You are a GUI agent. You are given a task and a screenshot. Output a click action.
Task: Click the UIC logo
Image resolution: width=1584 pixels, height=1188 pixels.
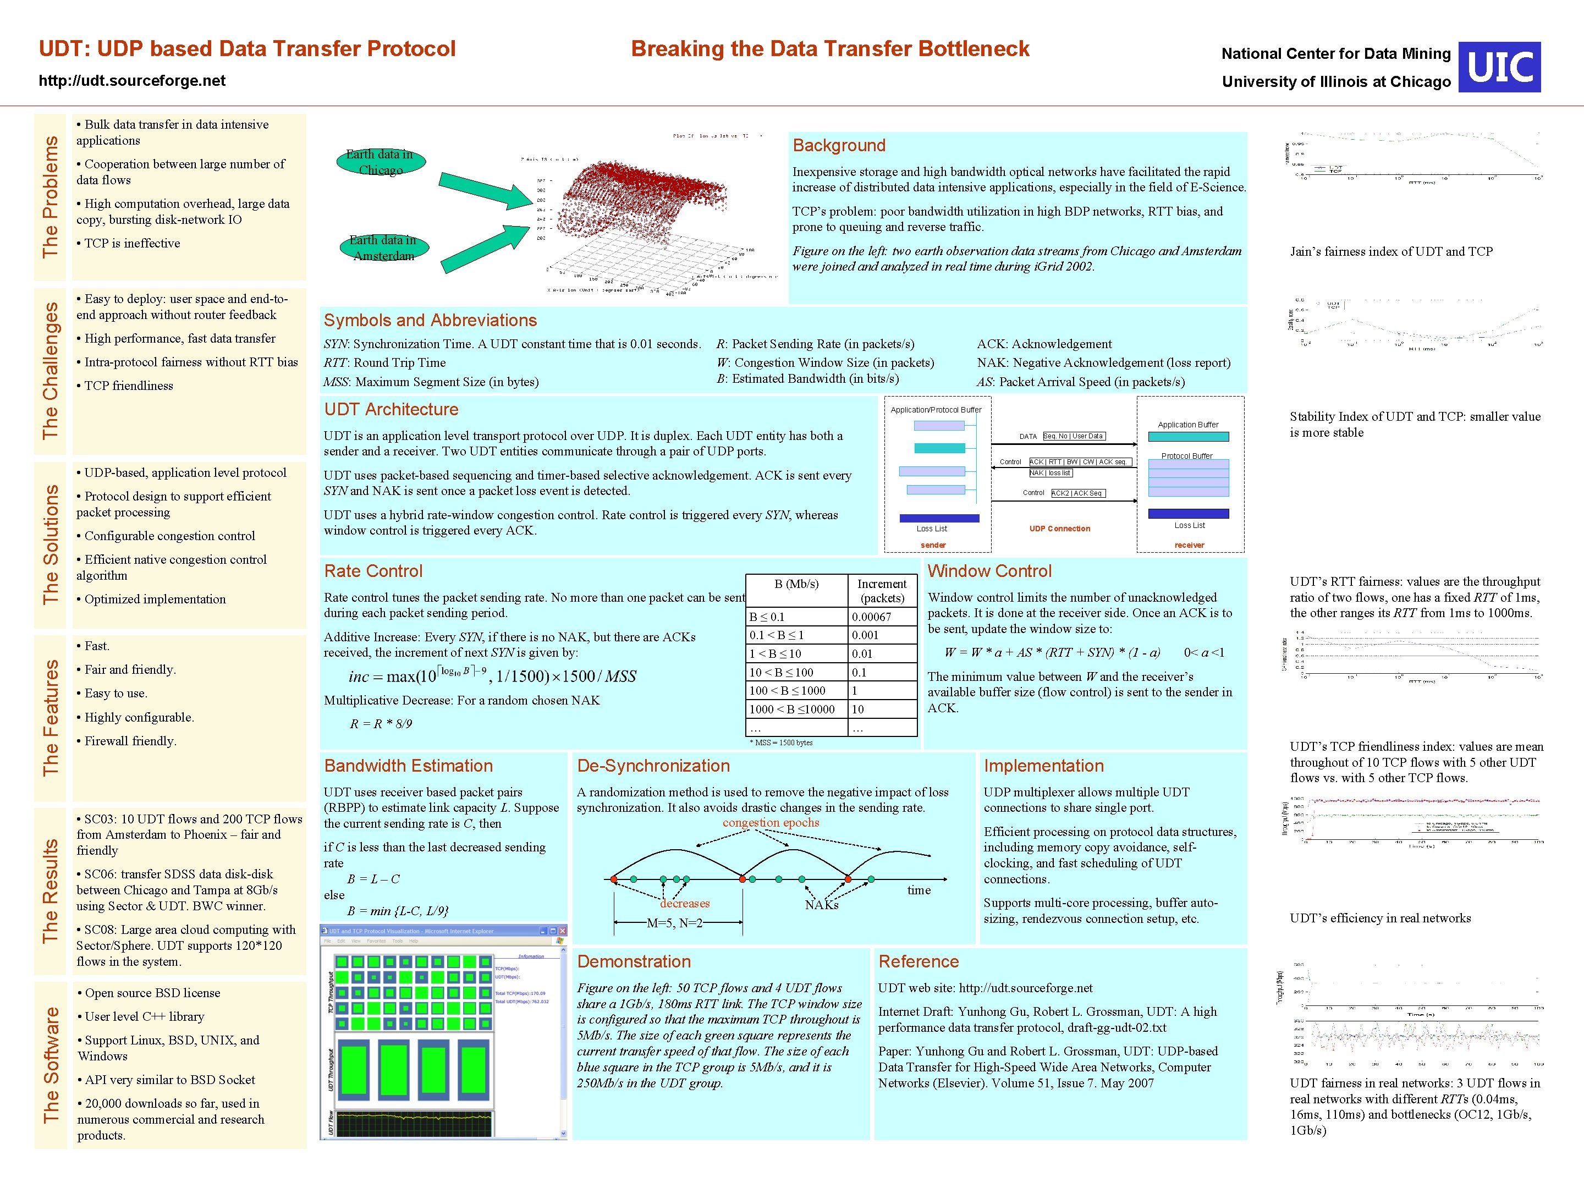click(x=1499, y=67)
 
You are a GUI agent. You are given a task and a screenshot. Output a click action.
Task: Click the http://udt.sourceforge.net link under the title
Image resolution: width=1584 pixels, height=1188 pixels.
click(x=133, y=81)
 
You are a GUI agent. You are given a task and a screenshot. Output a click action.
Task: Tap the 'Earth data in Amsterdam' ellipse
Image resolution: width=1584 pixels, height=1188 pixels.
click(x=383, y=248)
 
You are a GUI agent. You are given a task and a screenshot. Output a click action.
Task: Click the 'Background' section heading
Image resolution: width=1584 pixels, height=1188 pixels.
click(x=839, y=145)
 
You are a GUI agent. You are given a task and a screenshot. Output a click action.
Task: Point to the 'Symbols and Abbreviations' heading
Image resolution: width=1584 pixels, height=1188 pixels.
click(x=430, y=320)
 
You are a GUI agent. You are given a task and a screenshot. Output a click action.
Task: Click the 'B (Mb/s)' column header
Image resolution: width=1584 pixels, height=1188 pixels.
click(x=796, y=584)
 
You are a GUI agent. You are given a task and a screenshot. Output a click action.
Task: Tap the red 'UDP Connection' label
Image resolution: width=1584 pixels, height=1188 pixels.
click(x=1059, y=529)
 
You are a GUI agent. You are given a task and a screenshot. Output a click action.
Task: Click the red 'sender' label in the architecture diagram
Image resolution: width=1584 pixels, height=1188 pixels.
click(x=933, y=545)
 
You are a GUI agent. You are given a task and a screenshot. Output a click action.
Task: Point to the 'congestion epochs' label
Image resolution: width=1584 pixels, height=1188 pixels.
click(x=771, y=822)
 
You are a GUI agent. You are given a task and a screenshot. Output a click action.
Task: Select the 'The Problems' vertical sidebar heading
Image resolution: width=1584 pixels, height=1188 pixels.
click(x=50, y=196)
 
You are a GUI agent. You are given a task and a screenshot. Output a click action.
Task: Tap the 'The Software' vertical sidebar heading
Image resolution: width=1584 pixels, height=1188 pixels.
click(x=50, y=1065)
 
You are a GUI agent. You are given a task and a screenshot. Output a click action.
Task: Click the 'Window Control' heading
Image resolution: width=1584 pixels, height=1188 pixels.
click(x=989, y=571)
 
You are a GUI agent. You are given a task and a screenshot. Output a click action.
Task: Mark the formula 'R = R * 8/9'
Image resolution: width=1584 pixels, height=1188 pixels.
click(x=380, y=724)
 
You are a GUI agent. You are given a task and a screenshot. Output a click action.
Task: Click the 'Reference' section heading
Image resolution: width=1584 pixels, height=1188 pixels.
click(x=918, y=961)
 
